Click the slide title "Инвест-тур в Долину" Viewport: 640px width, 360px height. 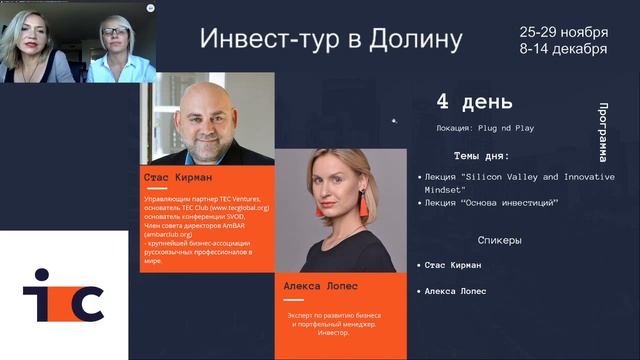point(331,40)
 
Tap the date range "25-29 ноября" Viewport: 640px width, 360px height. point(563,31)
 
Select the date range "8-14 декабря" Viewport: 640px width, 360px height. point(563,49)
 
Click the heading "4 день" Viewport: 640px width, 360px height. point(474,101)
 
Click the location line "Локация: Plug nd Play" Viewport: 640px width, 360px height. point(475,128)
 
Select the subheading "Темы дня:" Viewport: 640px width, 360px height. point(481,156)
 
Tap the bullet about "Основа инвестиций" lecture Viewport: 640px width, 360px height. point(491,203)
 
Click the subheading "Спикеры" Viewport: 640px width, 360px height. point(499,240)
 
